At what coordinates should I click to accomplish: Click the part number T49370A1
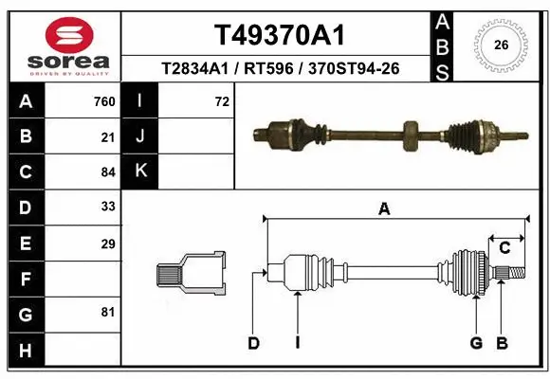(x=279, y=35)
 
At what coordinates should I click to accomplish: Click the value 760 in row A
(x=104, y=101)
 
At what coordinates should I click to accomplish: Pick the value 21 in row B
(x=108, y=136)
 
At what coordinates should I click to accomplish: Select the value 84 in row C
(x=108, y=172)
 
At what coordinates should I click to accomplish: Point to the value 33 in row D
(x=108, y=208)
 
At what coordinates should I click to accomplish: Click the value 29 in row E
(x=108, y=244)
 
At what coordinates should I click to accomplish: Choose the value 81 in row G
(x=108, y=312)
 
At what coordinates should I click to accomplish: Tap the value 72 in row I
(x=222, y=101)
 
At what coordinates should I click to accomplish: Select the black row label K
(x=140, y=172)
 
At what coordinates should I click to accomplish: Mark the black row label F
(x=25, y=279)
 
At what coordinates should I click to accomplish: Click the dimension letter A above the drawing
(x=384, y=209)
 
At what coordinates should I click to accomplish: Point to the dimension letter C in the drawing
(x=504, y=247)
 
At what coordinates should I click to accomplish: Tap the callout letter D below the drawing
(x=253, y=343)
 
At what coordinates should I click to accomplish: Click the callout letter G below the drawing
(x=476, y=343)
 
